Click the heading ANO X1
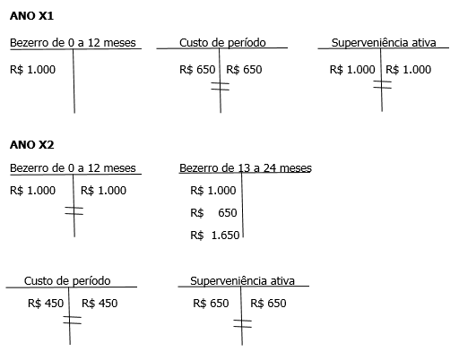pos(31,16)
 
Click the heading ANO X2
pos(31,145)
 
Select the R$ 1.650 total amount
pos(215,236)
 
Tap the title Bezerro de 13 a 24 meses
pos(246,168)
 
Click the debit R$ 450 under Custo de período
pos(46,304)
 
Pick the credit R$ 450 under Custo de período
pos(100,304)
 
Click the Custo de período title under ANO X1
pos(222,43)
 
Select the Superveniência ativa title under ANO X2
pos(242,281)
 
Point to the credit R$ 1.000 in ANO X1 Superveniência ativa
pos(409,70)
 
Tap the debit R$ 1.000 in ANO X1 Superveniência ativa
pos(352,70)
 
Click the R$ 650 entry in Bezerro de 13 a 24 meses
pos(213,213)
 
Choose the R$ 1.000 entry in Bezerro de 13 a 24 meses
pos(213,191)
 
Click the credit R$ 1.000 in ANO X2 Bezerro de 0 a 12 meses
pos(103,191)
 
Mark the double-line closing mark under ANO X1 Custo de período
pos(221,86)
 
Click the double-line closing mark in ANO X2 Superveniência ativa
pos(242,323)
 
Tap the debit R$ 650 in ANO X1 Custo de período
pos(197,70)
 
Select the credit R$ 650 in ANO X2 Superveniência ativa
pos(268,304)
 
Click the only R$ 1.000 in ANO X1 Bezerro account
pos(32,70)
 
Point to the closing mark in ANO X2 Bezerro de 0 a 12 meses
pos(74,210)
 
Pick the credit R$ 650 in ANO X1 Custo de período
pos(244,70)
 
